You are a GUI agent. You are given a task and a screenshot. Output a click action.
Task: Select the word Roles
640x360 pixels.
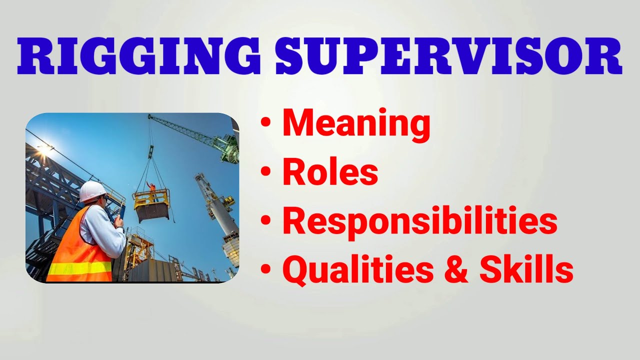330,172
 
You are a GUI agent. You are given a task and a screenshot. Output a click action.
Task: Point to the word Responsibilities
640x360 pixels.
419,221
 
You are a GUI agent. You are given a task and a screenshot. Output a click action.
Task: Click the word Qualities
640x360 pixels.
358,270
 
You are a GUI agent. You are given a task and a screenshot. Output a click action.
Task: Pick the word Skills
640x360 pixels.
526,270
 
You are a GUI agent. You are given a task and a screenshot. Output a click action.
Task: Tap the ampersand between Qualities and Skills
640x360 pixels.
456,270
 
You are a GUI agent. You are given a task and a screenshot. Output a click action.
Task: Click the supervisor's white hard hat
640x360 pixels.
92,191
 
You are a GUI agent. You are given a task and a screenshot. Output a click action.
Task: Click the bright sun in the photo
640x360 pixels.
45,148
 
